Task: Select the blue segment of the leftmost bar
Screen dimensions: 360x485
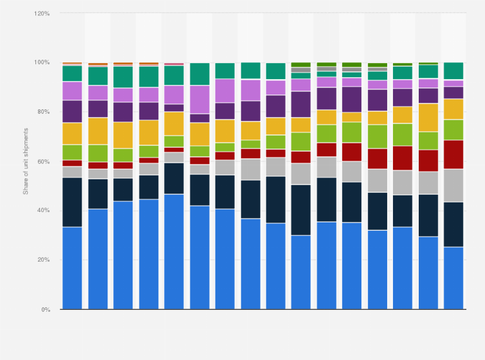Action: [72, 267]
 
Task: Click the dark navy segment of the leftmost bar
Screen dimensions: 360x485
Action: [72, 202]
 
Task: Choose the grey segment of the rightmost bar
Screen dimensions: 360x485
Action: [453, 185]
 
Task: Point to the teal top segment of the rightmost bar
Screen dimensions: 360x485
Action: [453, 71]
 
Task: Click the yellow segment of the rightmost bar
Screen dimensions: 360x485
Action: [453, 109]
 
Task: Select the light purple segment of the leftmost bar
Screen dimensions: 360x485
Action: [72, 91]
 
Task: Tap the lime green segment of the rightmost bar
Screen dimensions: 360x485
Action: [453, 129]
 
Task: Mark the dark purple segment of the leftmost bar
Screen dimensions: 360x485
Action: [72, 111]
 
